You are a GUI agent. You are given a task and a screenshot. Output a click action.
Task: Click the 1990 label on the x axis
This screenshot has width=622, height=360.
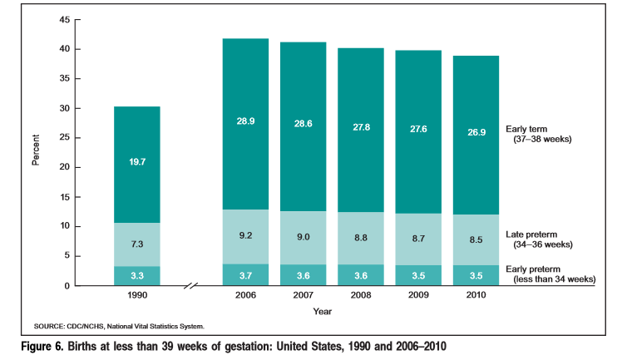click(137, 296)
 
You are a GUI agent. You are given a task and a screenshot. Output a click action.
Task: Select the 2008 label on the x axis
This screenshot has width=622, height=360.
click(360, 296)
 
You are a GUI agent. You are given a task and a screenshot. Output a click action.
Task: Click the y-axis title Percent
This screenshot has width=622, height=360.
click(36, 152)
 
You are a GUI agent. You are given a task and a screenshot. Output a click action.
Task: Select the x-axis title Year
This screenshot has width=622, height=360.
click(323, 311)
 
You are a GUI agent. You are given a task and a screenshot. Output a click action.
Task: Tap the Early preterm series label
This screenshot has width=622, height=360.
click(548, 274)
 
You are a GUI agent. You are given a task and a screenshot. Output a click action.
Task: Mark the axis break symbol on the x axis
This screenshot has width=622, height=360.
click(192, 287)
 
